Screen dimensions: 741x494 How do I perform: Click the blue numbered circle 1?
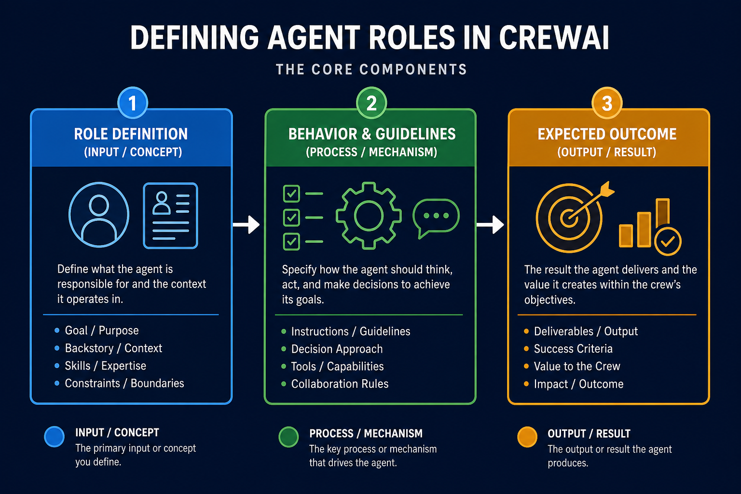[x=133, y=103]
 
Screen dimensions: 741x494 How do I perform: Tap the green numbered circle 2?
[x=371, y=103]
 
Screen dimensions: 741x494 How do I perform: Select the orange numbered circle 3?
[x=607, y=103]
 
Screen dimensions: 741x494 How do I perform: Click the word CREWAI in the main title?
[x=554, y=38]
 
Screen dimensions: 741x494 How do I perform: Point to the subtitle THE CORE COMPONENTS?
[x=371, y=69]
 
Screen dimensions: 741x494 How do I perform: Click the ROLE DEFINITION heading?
[x=131, y=134]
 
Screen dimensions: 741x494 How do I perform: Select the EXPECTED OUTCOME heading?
[x=607, y=134]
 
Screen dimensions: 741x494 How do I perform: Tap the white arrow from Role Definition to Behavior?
[x=246, y=225]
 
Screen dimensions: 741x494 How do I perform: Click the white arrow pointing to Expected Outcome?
[x=490, y=225]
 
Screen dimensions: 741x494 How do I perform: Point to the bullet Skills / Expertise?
[x=106, y=366]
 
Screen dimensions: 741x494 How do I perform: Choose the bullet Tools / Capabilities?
[x=337, y=366]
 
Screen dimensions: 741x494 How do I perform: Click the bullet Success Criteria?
[x=573, y=349]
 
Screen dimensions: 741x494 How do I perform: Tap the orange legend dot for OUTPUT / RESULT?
[x=527, y=437]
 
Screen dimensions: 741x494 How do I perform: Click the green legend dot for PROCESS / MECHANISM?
[x=288, y=437]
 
